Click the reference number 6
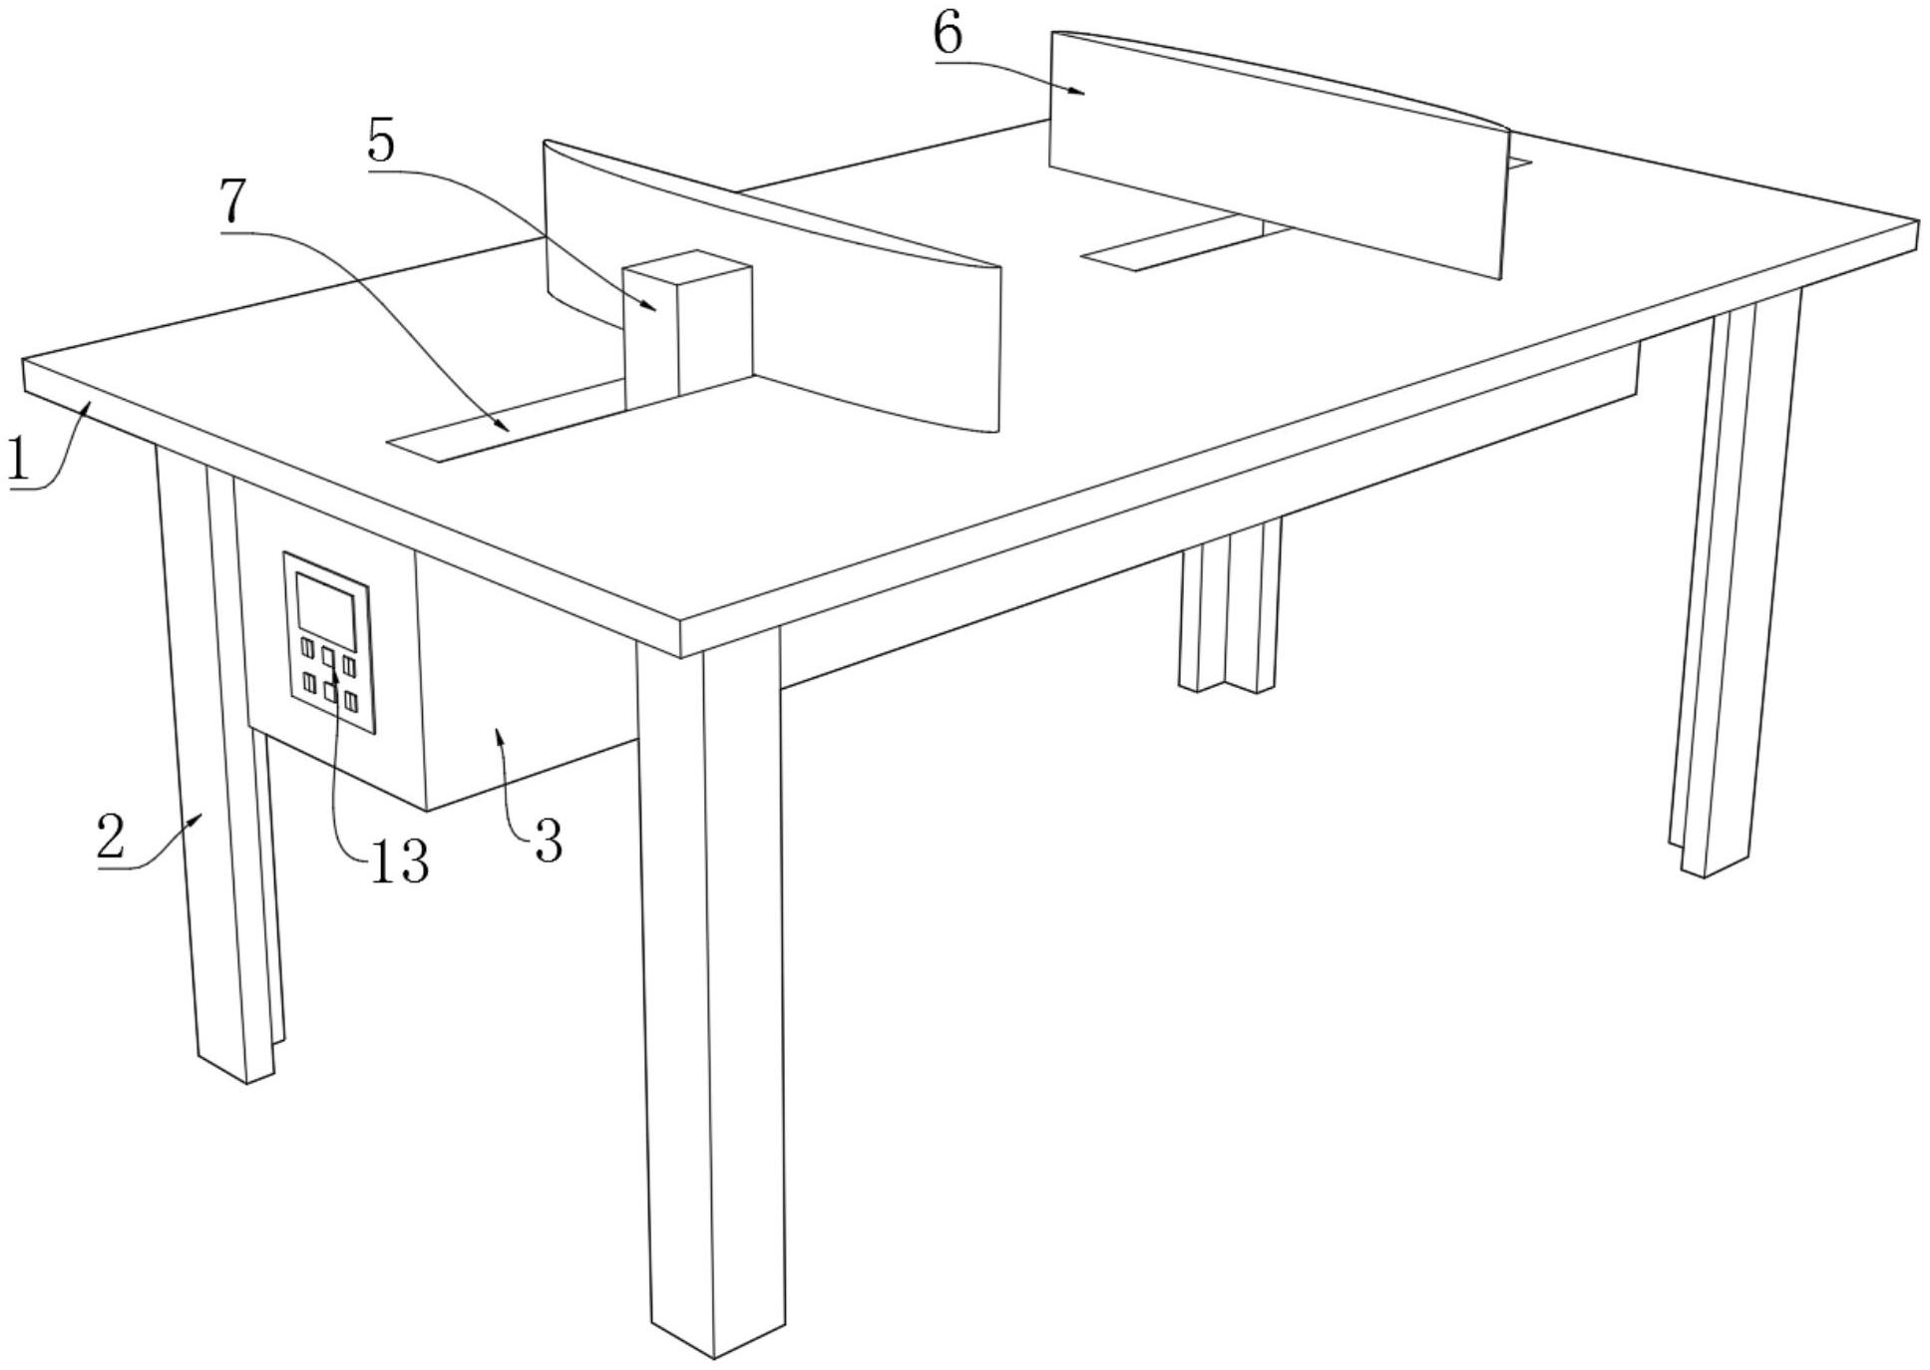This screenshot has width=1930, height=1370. [x=948, y=35]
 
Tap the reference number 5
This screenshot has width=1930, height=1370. [x=381, y=143]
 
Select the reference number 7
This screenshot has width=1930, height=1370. [x=232, y=202]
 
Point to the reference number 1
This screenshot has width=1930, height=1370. [x=17, y=460]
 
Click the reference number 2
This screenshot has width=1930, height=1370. [x=112, y=838]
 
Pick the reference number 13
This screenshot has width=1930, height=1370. [x=400, y=861]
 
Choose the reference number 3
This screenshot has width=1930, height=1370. [x=548, y=842]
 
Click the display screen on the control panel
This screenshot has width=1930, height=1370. [x=326, y=609]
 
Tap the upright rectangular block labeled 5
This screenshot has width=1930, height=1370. [x=687, y=328]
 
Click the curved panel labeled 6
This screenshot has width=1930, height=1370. [x=1278, y=151]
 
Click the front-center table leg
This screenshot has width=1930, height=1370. [x=709, y=997]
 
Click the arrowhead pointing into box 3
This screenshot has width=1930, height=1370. [x=501, y=736]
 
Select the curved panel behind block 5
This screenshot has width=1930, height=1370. [x=771, y=285]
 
